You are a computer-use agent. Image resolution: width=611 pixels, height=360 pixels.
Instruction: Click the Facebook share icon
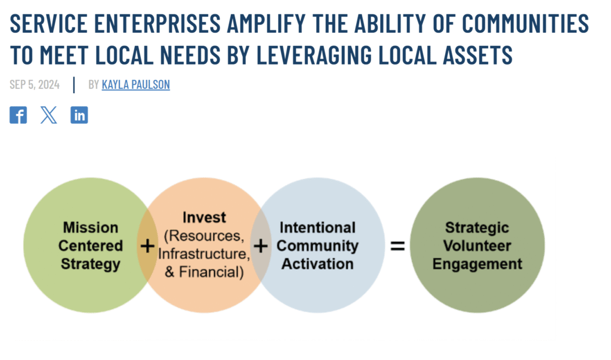tap(18, 115)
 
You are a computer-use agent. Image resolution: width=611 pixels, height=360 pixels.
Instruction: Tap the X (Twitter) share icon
tap(49, 115)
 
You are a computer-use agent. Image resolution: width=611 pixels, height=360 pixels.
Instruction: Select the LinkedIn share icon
tap(79, 115)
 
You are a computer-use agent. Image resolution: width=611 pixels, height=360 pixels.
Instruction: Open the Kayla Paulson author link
tap(135, 84)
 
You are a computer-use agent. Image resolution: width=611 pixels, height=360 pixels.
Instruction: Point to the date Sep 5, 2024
tap(35, 84)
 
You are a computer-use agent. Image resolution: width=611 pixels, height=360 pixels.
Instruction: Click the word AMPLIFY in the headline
tap(266, 23)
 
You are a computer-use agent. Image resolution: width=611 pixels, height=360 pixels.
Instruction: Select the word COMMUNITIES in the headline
tap(525, 23)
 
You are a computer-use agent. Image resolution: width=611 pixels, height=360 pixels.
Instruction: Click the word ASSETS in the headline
tap(477, 54)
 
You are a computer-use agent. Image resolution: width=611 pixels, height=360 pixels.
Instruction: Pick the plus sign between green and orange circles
tap(147, 246)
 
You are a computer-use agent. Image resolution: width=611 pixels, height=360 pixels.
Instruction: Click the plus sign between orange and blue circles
tap(261, 246)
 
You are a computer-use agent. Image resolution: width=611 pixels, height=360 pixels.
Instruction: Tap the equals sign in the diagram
tap(398, 246)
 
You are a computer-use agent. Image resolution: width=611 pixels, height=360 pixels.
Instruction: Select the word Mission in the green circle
tap(91, 227)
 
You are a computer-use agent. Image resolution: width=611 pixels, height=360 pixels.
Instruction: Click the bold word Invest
tap(204, 217)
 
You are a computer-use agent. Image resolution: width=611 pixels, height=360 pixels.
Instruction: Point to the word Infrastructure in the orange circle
tap(204, 254)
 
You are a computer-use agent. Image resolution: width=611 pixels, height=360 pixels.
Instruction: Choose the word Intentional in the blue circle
tap(317, 227)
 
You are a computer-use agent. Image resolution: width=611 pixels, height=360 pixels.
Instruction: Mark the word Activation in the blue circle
tap(317, 264)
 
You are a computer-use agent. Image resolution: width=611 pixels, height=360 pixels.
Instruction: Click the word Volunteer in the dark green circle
tap(477, 246)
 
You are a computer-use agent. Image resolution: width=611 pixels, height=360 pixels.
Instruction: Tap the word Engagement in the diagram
tap(477, 264)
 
